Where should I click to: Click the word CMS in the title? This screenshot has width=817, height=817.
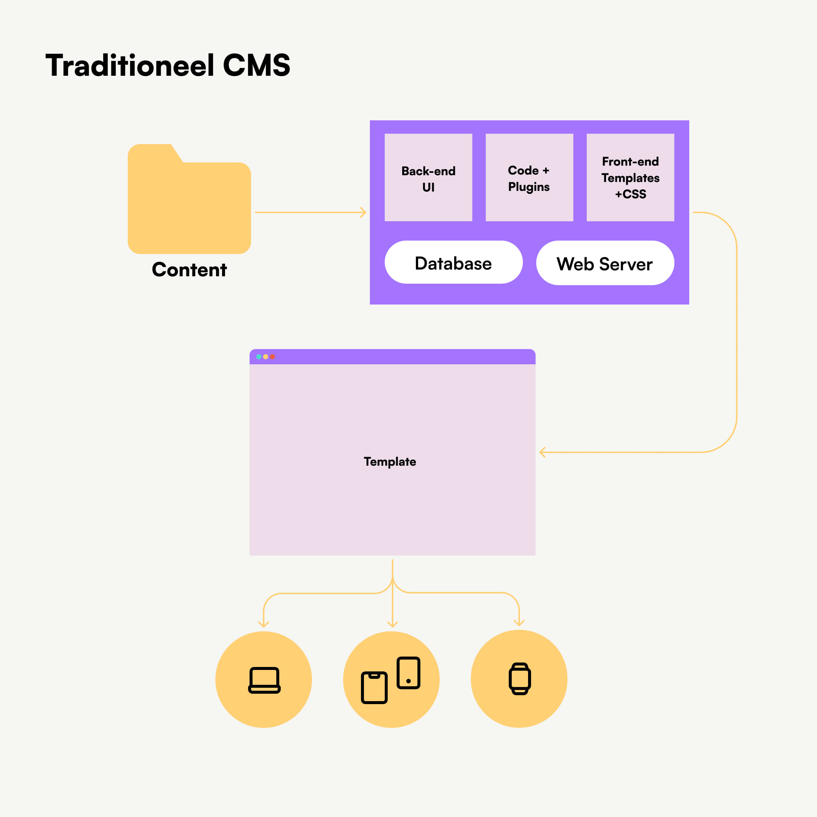(x=256, y=66)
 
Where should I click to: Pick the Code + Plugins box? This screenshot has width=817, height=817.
(x=529, y=178)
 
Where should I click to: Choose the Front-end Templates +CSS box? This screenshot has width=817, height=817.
(x=630, y=178)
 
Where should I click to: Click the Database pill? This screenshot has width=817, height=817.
(x=453, y=263)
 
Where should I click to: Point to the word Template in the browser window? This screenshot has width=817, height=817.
(x=390, y=461)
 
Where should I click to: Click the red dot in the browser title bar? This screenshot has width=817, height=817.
(x=273, y=357)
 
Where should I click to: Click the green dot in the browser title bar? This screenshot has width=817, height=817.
(x=259, y=357)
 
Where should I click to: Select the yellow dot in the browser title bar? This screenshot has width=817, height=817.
(x=266, y=357)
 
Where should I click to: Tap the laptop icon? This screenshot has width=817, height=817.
(x=264, y=680)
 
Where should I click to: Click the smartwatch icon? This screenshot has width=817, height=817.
(x=520, y=679)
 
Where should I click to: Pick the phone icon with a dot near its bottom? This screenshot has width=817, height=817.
(x=408, y=673)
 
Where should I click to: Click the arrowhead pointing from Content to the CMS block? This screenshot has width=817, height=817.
(x=364, y=212)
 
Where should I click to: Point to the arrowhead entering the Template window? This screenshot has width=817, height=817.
(x=542, y=452)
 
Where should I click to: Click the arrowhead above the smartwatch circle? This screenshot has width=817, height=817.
(x=519, y=623)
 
